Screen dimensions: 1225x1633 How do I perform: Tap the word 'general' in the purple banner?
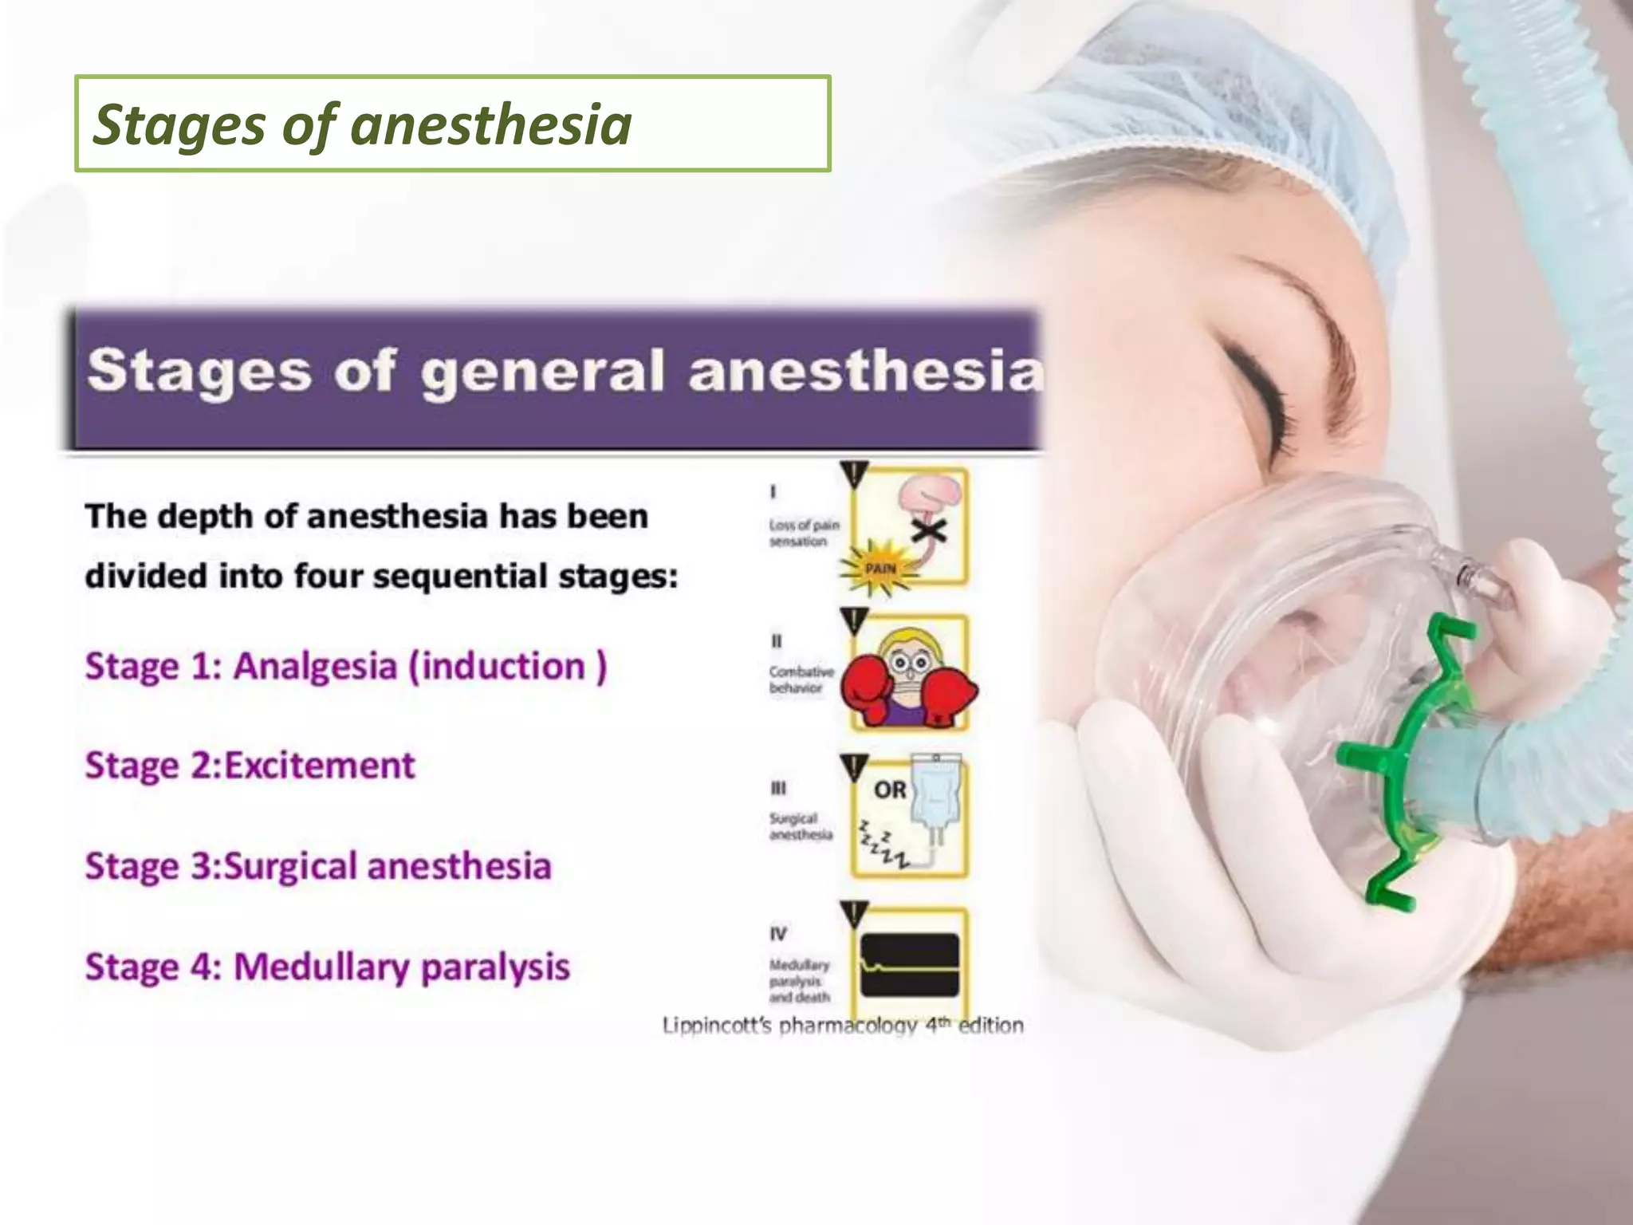point(542,372)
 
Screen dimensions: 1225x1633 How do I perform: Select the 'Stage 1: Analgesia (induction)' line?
point(346,667)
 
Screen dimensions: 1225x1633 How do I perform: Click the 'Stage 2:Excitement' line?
point(250,766)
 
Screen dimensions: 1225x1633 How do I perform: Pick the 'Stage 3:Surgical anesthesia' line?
point(318,867)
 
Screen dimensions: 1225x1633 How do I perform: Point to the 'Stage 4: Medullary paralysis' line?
point(328,967)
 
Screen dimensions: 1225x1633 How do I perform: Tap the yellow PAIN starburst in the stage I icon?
point(879,568)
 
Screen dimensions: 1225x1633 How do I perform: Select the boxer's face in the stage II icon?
point(909,666)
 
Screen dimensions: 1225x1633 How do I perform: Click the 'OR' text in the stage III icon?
point(890,790)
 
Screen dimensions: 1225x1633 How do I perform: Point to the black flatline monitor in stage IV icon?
point(910,965)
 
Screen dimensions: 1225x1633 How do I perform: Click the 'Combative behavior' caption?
point(801,679)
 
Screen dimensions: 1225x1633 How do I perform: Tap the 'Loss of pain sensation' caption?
point(804,533)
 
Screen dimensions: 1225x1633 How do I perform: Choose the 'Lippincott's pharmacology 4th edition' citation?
point(843,1026)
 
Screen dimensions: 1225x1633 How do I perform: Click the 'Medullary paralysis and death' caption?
point(799,981)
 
